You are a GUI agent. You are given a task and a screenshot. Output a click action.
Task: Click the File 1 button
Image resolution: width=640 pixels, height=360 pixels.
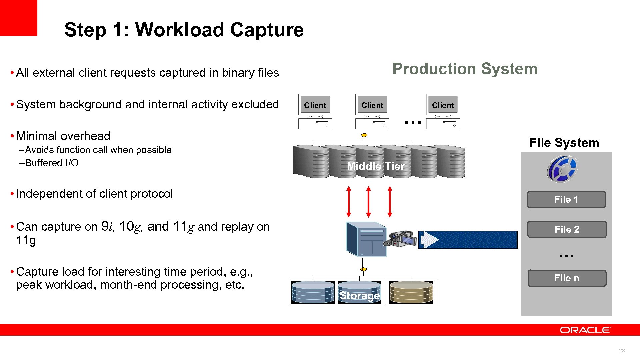tap(566, 199)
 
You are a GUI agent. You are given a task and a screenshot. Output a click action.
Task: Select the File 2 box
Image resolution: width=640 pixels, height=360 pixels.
tap(567, 229)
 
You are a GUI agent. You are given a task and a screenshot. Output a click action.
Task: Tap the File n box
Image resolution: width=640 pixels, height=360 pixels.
tap(567, 278)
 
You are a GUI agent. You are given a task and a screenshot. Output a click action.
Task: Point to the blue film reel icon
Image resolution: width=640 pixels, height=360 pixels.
tap(562, 169)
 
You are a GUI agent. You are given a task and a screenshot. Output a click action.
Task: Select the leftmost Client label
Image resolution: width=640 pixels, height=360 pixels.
tap(315, 105)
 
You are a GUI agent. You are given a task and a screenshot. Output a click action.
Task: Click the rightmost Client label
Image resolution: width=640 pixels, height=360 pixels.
tap(443, 105)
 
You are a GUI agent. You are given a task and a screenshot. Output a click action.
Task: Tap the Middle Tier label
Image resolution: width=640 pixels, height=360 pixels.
tap(376, 166)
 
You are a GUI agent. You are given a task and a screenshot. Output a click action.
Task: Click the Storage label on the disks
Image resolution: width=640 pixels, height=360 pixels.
tap(359, 295)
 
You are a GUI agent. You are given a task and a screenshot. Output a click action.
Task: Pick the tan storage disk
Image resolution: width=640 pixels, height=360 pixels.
tap(411, 292)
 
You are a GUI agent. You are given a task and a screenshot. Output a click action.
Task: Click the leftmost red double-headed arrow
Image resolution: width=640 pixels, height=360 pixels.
tap(349, 202)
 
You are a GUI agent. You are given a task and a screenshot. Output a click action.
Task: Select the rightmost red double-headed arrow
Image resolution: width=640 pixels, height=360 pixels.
tap(390, 202)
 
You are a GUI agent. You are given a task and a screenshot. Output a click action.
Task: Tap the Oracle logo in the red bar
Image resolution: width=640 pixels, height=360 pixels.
tap(585, 330)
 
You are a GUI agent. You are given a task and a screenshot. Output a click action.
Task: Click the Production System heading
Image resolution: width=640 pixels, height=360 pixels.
tap(465, 69)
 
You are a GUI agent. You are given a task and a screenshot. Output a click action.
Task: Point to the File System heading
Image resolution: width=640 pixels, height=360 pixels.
tap(564, 143)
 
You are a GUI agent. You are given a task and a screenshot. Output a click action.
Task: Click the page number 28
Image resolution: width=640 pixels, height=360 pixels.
tap(622, 350)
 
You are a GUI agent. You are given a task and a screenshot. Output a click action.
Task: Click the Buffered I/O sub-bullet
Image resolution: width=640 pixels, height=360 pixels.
tap(52, 163)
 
